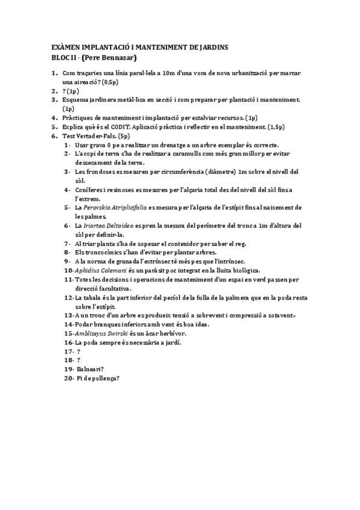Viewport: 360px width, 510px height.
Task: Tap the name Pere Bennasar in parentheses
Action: [109, 58]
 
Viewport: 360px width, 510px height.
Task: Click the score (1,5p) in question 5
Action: [273, 127]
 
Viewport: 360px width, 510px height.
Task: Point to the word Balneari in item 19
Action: [91, 369]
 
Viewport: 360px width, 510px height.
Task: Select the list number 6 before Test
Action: [53, 137]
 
